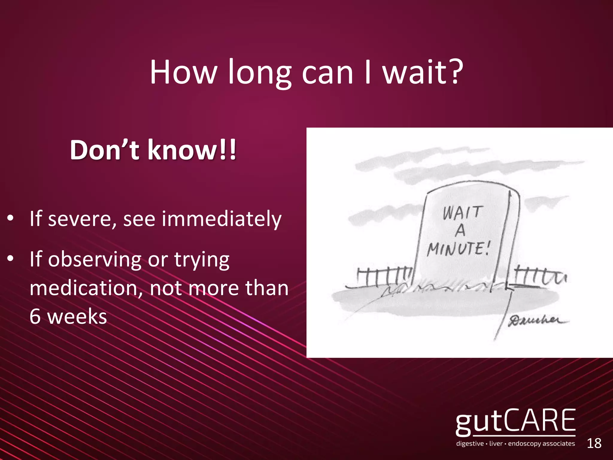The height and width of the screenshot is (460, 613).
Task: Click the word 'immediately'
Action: pyautogui.click(x=221, y=219)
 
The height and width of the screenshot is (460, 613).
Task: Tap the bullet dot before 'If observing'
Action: pyautogui.click(x=10, y=259)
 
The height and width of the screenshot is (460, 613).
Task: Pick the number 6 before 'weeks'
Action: pyautogui.click(x=35, y=317)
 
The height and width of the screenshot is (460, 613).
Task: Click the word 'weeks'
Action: pyautogui.click(x=77, y=317)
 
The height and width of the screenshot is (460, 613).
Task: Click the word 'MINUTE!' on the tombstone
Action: pyautogui.click(x=459, y=249)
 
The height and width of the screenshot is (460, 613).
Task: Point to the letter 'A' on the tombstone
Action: pyautogui.click(x=460, y=230)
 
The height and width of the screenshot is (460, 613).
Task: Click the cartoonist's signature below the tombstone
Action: pyautogui.click(x=538, y=321)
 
